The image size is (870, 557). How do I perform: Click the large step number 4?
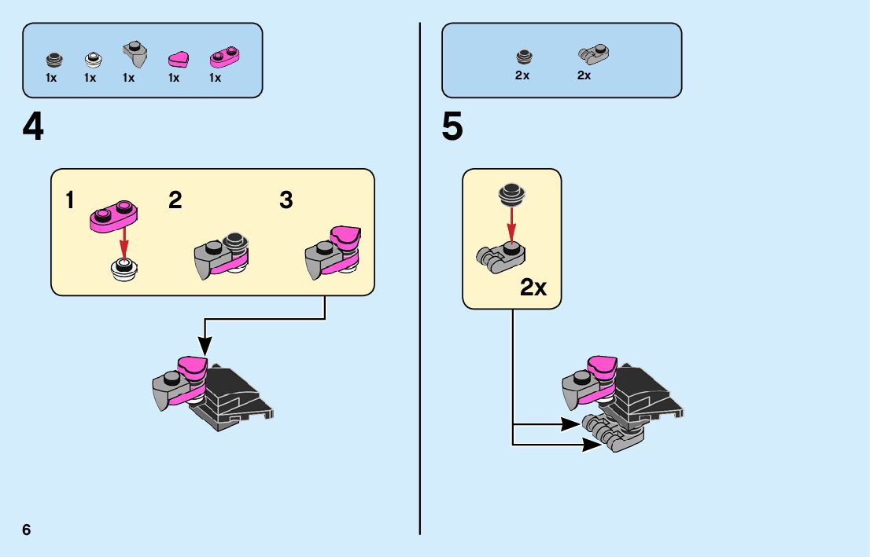point(33,127)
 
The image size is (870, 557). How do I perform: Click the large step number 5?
point(452,127)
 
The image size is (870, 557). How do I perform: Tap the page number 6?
point(27,530)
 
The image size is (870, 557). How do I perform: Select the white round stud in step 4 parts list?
point(92,59)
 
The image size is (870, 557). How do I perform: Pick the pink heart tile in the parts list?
point(179,59)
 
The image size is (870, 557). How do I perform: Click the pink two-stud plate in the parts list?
point(224,57)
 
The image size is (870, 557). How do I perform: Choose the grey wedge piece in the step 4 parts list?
point(135,52)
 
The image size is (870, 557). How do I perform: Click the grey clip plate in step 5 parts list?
point(594,53)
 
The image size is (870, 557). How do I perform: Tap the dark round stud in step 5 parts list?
point(523,57)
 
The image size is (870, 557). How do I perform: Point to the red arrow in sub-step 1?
point(123,239)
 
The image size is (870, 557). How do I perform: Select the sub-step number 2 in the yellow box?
point(175,200)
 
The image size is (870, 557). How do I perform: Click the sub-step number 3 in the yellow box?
point(286,200)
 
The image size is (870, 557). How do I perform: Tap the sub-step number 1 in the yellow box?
point(71,200)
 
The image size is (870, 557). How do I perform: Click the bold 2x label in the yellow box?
point(533,288)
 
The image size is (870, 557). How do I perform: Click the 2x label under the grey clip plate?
point(584,75)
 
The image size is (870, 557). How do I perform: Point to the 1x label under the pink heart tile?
point(174,78)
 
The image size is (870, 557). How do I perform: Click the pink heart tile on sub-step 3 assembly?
point(345,235)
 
